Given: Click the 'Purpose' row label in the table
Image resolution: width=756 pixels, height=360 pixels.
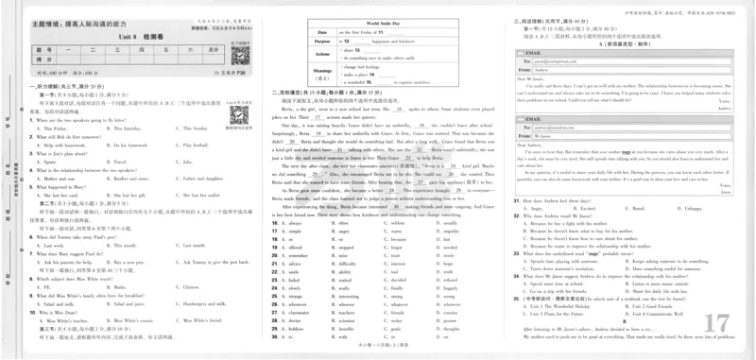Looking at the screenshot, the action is tap(322, 42).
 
